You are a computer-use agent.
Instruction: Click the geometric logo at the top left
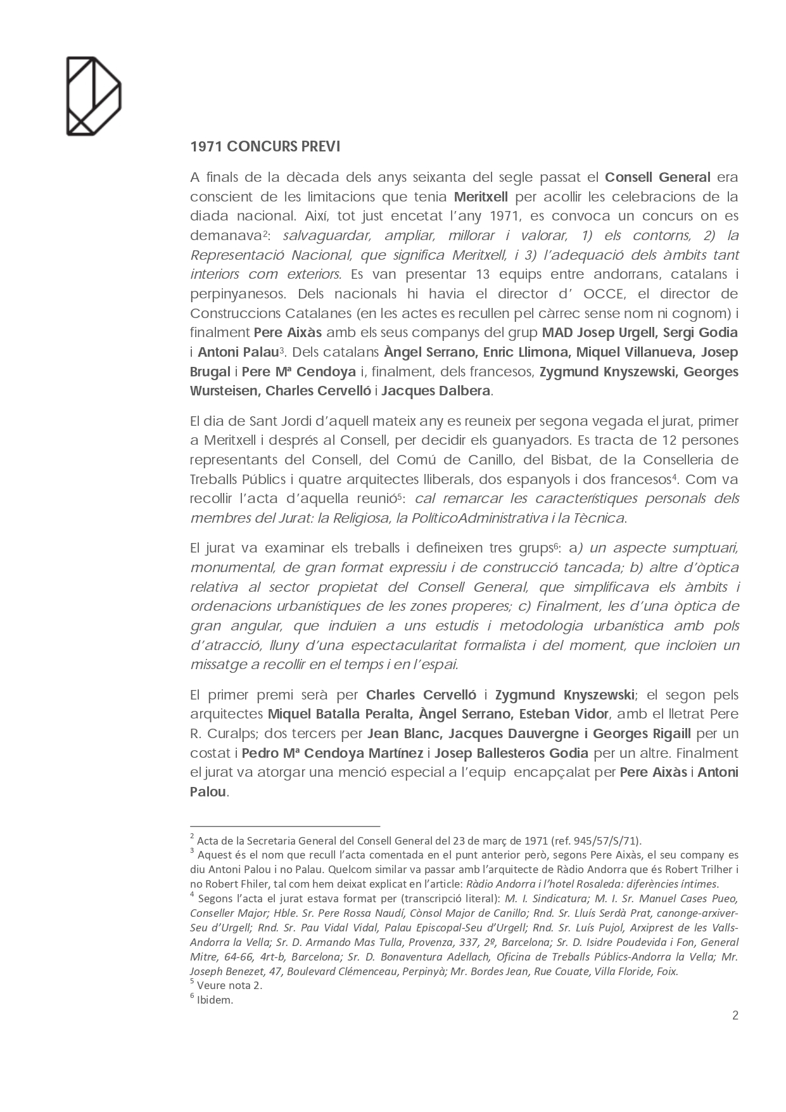coord(93,96)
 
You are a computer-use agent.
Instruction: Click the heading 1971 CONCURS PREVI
coord(265,146)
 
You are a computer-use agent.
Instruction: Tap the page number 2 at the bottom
coord(735,1016)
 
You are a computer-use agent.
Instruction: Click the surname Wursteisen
coord(224,391)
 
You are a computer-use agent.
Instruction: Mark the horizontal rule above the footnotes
coord(284,826)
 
